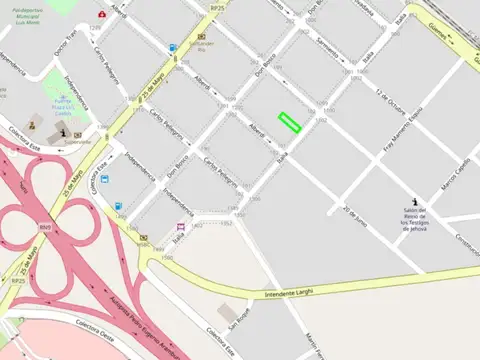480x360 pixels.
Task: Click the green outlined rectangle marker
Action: click(x=289, y=122)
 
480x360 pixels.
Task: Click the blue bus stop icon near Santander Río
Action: click(x=173, y=47)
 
